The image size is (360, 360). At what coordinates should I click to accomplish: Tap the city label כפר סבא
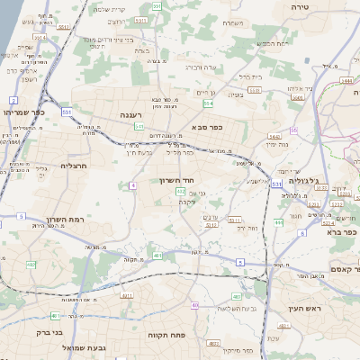206,128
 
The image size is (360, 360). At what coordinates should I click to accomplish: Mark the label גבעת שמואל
87,346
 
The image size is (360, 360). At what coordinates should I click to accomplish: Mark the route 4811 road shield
127,294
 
